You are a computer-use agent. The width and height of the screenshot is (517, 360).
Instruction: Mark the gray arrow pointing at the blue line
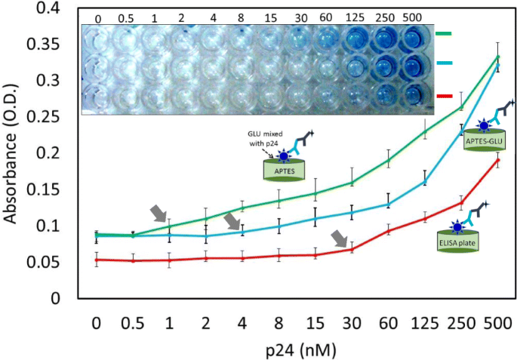pos(234,220)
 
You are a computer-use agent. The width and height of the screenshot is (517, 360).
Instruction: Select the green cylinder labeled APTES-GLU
pos(482,140)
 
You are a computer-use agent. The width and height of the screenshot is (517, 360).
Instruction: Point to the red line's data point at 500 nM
pos(497,159)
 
